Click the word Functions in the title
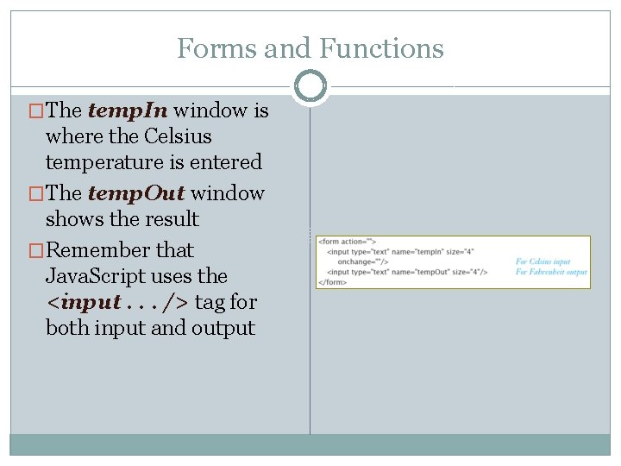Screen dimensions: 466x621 coord(381,48)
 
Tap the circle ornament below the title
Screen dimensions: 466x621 coord(310,85)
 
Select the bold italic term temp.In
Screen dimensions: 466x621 coord(130,110)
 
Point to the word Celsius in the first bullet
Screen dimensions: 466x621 coord(178,136)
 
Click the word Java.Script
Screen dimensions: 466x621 coord(107,276)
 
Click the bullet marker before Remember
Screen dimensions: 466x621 coord(36,250)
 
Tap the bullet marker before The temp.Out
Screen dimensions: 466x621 coord(36,193)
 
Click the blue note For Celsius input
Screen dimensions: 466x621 coord(543,261)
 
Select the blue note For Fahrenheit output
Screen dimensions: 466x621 coord(550,272)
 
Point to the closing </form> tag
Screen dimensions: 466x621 coord(333,282)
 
